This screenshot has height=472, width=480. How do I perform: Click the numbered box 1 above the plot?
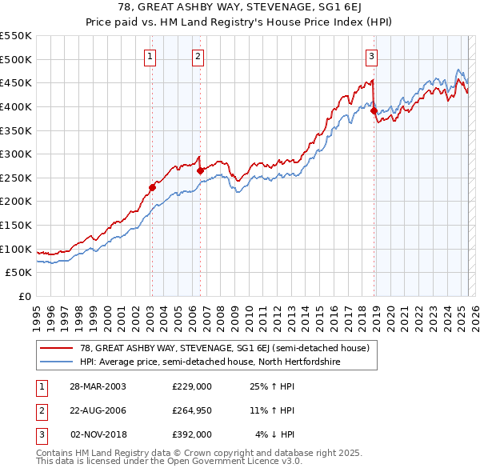click(151, 56)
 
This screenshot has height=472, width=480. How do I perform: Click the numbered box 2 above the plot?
click(198, 56)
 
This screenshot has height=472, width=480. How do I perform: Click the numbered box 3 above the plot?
click(372, 56)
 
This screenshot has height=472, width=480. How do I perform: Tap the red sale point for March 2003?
click(151, 187)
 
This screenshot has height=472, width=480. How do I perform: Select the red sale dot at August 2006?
click(199, 170)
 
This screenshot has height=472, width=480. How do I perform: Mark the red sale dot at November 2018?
click(374, 110)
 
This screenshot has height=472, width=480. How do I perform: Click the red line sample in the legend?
click(56, 348)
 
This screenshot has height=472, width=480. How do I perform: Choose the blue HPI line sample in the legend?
click(56, 362)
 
